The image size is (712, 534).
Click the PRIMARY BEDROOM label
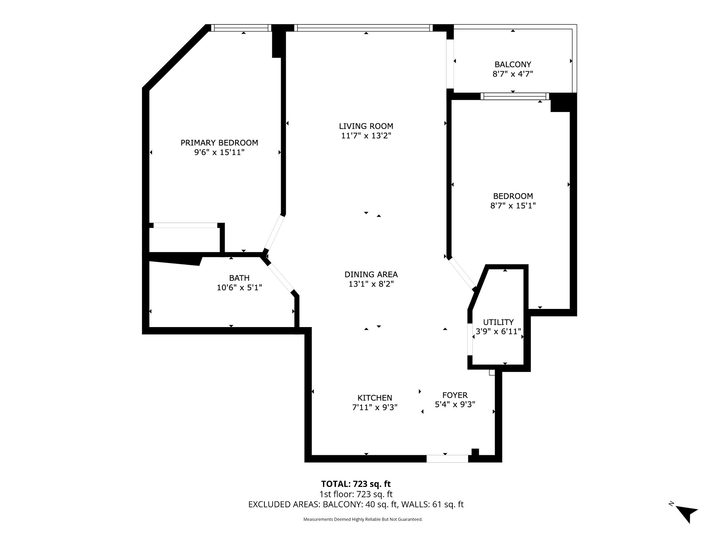219,143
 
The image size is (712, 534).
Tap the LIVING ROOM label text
366,126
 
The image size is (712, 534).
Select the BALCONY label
512,65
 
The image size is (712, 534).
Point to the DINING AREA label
371,274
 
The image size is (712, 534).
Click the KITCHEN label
375,398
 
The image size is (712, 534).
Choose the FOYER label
455,395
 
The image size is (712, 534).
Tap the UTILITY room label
498,322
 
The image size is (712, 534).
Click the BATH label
239,278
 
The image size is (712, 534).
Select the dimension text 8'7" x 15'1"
513,206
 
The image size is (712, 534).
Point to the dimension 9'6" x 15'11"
219,152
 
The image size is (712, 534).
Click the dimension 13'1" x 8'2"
371,284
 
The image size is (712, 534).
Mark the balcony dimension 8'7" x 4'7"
512,74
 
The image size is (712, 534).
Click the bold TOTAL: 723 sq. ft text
356,484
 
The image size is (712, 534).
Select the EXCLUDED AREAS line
356,505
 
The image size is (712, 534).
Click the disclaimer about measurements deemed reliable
363,520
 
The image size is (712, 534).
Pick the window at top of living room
363,28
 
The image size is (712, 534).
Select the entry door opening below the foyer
447,459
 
